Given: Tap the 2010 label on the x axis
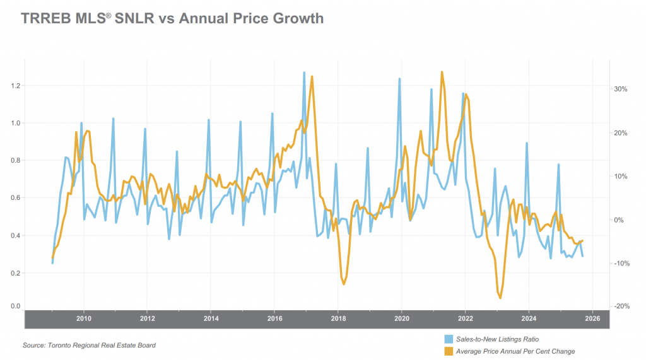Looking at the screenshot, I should (84, 319).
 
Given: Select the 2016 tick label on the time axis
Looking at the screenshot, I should (275, 319).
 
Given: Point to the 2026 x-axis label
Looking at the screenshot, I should (592, 319).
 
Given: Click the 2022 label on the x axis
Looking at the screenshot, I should (465, 319).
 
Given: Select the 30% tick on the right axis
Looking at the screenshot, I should (620, 90).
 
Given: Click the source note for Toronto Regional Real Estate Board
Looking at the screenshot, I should (89, 345).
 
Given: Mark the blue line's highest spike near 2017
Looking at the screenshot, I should (304, 73).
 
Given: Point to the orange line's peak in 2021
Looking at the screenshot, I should (442, 72).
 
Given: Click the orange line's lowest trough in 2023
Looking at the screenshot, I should (500, 298).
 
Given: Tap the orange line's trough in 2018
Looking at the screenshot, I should (344, 284).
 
